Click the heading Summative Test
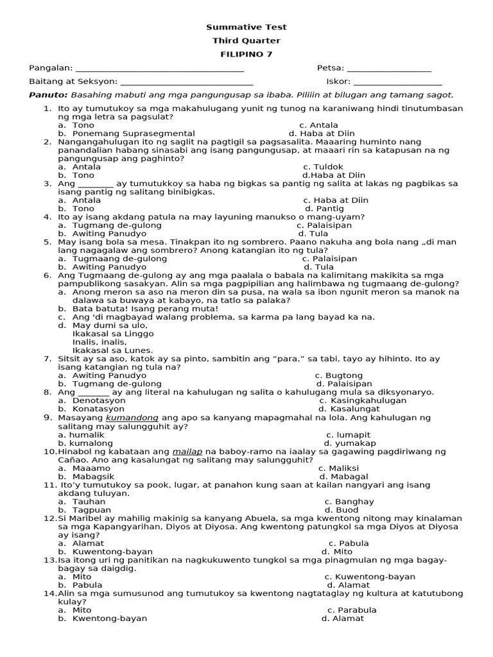[x=246, y=27]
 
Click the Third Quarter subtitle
[x=246, y=40]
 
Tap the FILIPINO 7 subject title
[x=246, y=54]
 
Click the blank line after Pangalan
[x=160, y=69]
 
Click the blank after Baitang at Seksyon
[x=186, y=82]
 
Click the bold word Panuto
[x=44, y=95]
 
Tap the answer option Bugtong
[x=344, y=375]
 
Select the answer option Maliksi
[x=344, y=468]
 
